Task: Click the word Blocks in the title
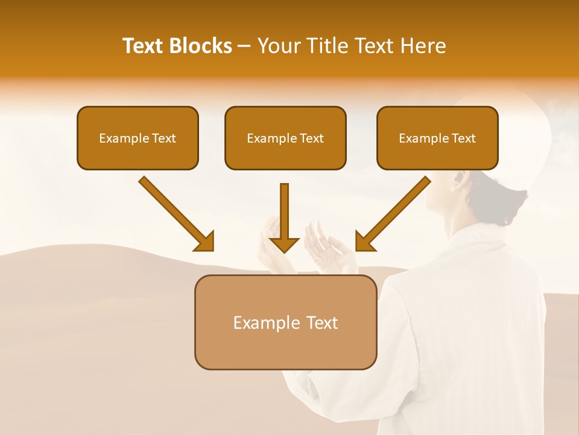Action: [x=201, y=46]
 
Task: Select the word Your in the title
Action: [x=276, y=46]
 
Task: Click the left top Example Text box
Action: [x=138, y=138]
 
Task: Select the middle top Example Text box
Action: [x=285, y=138]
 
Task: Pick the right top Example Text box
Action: [x=437, y=138]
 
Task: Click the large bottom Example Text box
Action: [x=285, y=322]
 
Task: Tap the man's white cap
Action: [x=519, y=139]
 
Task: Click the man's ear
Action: [x=460, y=179]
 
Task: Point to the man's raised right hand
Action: [x=270, y=245]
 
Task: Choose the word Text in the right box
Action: [x=463, y=138]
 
